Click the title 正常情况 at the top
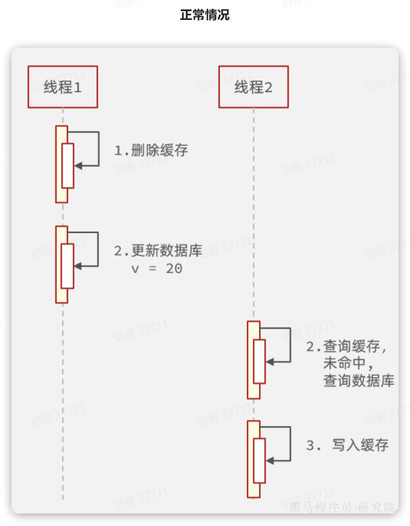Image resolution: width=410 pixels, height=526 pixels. point(205,15)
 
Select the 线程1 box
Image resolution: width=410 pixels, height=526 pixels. point(62,87)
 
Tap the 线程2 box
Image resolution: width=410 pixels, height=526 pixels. point(253,87)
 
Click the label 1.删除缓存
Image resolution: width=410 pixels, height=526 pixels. point(151,151)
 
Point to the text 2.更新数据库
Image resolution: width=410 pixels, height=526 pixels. point(158,251)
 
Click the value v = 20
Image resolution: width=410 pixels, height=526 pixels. point(157,268)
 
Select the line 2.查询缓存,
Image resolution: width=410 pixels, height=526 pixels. point(347,347)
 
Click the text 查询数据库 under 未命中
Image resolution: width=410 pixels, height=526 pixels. point(359,380)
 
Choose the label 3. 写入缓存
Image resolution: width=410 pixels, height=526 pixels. point(347,445)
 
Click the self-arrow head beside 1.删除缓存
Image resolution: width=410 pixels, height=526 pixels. point(78,165)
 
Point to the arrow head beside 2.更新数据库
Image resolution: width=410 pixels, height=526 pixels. point(78,266)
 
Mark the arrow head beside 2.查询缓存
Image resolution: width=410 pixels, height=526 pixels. point(270,361)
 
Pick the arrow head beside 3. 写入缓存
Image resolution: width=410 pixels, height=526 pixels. point(270,460)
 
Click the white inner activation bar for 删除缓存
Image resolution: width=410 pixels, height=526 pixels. point(68,165)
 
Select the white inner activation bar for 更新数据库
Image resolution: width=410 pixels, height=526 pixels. point(68,266)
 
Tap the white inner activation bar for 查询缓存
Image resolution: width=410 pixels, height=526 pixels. point(259,361)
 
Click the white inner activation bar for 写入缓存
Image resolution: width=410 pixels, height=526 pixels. point(259,460)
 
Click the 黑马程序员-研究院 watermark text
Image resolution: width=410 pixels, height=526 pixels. point(342,507)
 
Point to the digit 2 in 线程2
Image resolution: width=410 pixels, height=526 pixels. point(268,87)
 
